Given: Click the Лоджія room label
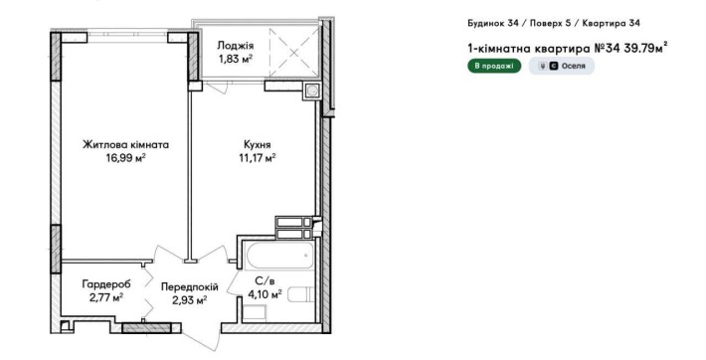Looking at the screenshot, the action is point(236,46).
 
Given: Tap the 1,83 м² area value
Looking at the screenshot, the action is point(236,59).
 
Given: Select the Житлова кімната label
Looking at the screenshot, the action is point(125,145).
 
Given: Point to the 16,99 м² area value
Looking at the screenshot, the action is point(125,158).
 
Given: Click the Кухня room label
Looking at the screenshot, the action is point(258,145).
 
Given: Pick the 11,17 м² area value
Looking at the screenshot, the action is point(258,158).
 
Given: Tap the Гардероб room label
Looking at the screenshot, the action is point(106,284).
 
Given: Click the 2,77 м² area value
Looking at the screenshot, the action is point(106,297).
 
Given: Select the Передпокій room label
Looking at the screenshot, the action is point(190,287).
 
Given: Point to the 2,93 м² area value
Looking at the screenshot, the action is point(190,299).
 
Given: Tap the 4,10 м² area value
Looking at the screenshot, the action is point(265,294).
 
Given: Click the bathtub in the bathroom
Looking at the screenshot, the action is point(279,256).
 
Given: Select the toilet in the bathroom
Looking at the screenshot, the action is point(301,294).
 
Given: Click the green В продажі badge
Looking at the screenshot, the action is point(494,66).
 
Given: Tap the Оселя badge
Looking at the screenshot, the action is point(562,66).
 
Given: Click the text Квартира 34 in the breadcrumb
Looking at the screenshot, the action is point(611,24).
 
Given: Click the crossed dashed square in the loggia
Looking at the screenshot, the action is point(294,53).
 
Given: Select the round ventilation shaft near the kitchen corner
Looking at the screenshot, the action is point(311,91).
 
